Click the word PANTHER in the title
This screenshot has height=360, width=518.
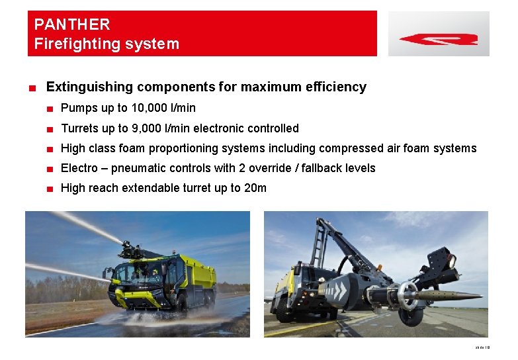click(x=72, y=24)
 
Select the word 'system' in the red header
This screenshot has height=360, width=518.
click(x=154, y=44)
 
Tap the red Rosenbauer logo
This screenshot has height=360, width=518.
click(x=439, y=39)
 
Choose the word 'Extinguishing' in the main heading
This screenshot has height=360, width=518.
click(x=88, y=87)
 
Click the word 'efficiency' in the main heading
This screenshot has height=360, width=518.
click(x=336, y=87)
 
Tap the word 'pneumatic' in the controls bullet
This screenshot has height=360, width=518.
click(x=138, y=168)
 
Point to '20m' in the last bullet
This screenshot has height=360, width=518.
click(x=255, y=188)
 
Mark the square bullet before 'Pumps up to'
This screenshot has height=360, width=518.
click(x=50, y=109)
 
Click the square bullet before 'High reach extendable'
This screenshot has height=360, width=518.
click(x=50, y=189)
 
